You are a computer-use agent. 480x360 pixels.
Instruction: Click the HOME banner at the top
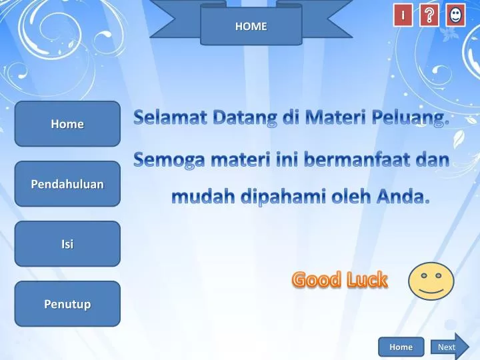(251, 27)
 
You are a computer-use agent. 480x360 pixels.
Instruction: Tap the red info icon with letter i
(403, 15)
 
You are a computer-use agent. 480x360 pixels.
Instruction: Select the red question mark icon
(429, 15)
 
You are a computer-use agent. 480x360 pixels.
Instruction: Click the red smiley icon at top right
(455, 15)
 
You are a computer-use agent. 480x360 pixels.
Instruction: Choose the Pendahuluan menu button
(67, 184)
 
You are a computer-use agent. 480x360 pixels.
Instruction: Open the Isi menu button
(67, 244)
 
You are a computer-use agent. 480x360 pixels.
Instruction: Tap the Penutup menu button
(67, 304)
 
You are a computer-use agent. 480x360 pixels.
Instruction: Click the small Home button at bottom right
(401, 347)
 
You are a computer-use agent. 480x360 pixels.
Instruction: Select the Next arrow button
(449, 347)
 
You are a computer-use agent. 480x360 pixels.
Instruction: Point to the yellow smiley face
(431, 281)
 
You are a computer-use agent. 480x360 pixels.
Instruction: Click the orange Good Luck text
(339, 280)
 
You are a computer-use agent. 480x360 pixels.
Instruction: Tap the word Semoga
(169, 161)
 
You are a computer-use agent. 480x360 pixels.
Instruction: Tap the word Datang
(245, 120)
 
